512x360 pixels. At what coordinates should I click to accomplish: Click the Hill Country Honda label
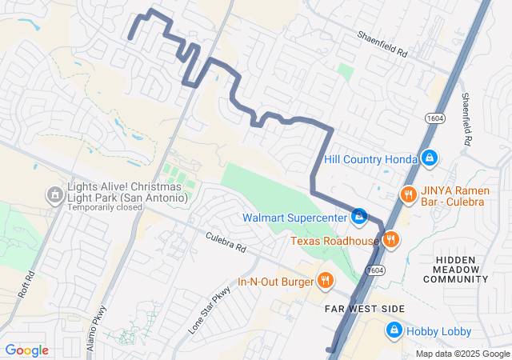[370, 158]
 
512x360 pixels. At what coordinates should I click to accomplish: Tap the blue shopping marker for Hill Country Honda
[430, 158]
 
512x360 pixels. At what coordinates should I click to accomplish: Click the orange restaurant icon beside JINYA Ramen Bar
[408, 194]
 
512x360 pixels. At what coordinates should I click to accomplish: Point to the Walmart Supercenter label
[295, 217]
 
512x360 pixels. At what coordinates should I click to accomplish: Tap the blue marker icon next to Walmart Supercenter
[359, 216]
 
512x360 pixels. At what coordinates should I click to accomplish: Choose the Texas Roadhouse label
[334, 240]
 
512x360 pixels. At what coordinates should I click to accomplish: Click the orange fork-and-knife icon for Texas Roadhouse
[390, 239]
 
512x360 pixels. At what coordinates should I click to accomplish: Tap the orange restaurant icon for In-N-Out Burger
[325, 280]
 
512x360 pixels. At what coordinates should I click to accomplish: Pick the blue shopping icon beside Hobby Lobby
[394, 330]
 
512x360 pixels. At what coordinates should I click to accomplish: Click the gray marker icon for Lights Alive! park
[54, 194]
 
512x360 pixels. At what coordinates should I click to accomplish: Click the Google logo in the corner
[26, 350]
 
